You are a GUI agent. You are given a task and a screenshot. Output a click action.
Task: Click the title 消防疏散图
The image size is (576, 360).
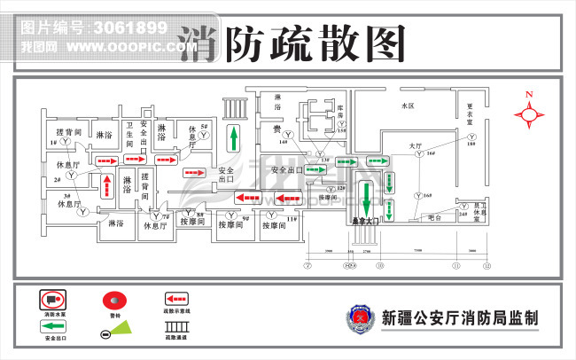(293, 42)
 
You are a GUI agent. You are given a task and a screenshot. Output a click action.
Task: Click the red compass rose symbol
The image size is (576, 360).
(529, 113)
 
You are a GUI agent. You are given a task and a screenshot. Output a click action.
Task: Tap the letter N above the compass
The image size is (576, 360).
(529, 94)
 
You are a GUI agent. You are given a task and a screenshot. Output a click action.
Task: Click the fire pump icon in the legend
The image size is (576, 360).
(54, 300)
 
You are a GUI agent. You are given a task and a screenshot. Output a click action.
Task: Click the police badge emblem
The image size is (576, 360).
(360, 317)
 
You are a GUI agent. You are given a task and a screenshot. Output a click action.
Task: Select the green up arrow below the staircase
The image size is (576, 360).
(233, 138)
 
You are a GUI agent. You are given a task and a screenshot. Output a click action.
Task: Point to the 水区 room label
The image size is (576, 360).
(408, 106)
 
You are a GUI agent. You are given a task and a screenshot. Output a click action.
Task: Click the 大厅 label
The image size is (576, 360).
(415, 145)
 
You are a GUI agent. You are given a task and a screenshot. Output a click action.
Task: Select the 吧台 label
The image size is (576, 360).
(433, 216)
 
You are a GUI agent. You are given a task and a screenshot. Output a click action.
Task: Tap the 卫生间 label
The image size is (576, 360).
(129, 134)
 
